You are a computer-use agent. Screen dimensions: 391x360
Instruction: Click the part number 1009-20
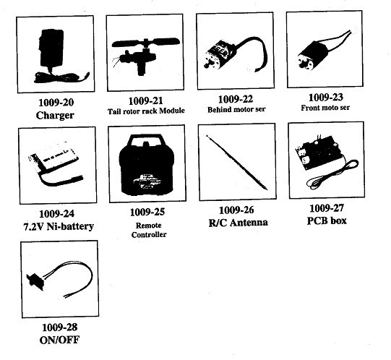(56, 102)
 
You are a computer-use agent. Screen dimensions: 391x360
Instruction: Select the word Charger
(55, 115)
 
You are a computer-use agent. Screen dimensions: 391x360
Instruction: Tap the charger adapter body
(51, 48)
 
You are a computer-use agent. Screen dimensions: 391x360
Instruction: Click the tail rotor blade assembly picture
(145, 56)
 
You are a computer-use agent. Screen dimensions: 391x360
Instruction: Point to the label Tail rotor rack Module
(146, 111)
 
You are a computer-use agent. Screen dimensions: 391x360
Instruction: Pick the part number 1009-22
(236, 99)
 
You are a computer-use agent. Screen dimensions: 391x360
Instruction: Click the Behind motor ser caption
(236, 109)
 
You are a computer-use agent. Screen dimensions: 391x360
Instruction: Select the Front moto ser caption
(325, 108)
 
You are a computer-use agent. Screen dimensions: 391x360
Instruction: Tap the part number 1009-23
(326, 97)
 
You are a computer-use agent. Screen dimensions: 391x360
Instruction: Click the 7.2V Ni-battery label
(59, 226)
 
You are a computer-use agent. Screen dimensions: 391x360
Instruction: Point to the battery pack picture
(56, 163)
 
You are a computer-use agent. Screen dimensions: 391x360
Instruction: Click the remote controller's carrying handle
(146, 140)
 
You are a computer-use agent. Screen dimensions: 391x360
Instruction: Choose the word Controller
(149, 234)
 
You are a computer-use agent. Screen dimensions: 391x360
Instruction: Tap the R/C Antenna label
(238, 222)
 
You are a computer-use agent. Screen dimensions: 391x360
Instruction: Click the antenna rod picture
(237, 163)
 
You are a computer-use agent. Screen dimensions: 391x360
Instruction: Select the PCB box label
(327, 220)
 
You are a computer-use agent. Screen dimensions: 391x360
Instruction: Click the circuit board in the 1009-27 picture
(317, 152)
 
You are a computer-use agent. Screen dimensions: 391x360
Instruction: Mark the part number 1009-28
(60, 327)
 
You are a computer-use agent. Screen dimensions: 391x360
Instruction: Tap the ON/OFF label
(59, 340)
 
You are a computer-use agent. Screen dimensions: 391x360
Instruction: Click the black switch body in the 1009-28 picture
(35, 281)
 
